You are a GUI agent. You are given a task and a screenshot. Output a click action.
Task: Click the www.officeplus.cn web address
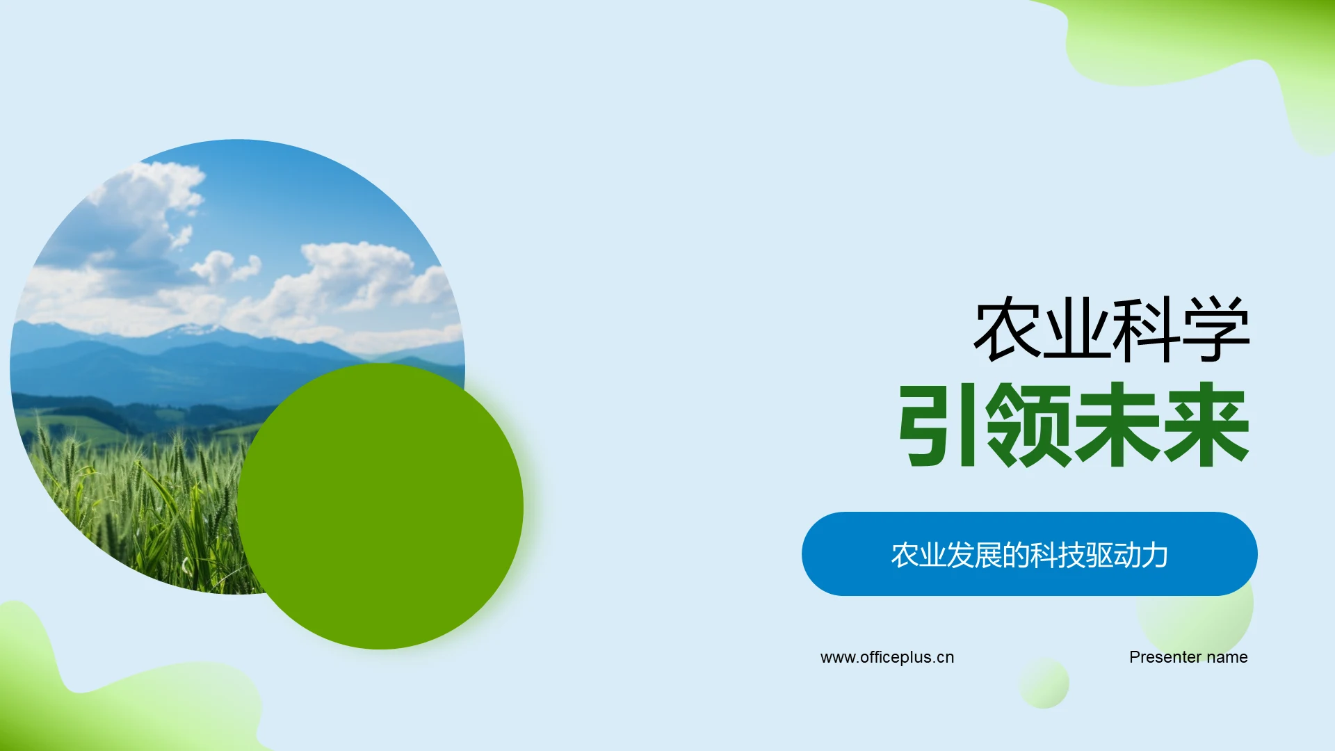point(887,657)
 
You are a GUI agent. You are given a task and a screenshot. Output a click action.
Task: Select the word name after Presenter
point(1227,657)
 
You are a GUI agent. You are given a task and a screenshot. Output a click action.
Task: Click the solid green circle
point(380,506)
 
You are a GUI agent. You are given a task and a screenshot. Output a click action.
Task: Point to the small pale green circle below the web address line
point(1044,684)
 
